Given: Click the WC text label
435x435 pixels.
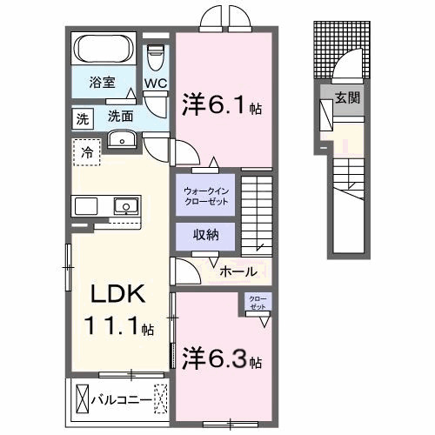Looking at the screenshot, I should click(156, 84).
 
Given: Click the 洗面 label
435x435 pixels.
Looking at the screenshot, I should click(120, 116).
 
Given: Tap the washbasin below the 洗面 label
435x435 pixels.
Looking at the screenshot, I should click(121, 140).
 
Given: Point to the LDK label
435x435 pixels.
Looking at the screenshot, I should click(113, 293).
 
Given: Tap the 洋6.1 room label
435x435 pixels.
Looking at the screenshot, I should click(215, 105).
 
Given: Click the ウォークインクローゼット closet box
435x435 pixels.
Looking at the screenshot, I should click(206, 197).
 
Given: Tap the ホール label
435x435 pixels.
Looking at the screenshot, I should click(238, 271).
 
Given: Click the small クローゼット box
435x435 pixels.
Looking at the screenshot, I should click(258, 304).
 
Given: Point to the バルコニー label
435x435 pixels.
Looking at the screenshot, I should click(120, 400).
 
